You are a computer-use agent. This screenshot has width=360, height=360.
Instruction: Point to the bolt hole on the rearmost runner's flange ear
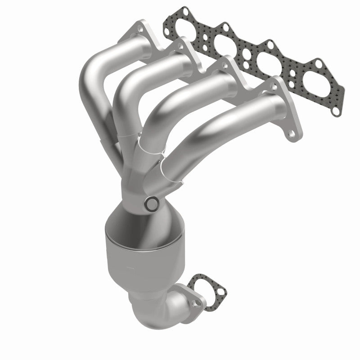141,28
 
